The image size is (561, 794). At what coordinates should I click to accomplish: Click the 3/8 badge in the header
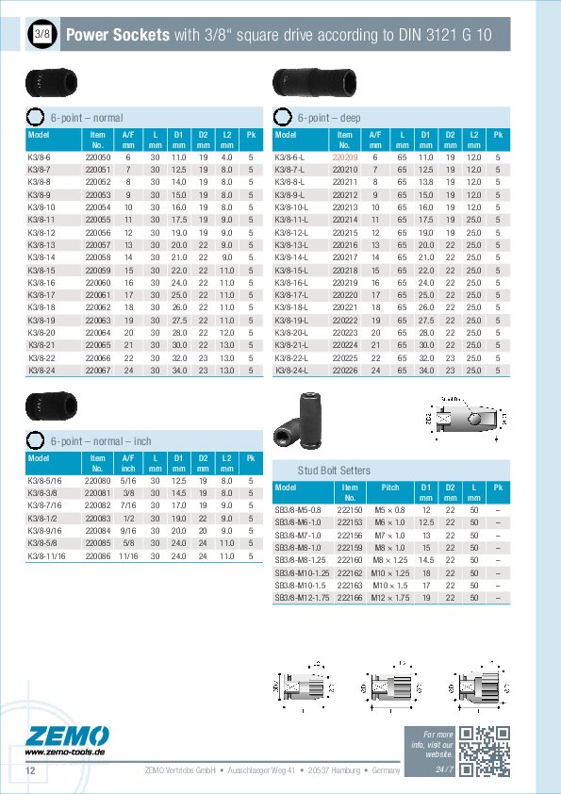41,36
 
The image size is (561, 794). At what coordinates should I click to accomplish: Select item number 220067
98,371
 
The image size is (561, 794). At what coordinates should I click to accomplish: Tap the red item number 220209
346,157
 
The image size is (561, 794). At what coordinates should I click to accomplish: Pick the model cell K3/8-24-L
290,371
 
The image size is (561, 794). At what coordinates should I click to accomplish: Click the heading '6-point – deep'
328,118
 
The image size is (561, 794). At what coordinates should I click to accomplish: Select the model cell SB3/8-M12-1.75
303,598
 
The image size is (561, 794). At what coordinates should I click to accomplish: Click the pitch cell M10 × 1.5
390,585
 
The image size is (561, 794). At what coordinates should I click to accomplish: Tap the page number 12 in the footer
30,772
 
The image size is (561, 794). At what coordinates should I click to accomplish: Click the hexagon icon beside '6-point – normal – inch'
34,439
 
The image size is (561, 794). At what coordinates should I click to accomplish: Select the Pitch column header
389,488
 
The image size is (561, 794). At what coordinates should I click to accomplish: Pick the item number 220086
98,556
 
